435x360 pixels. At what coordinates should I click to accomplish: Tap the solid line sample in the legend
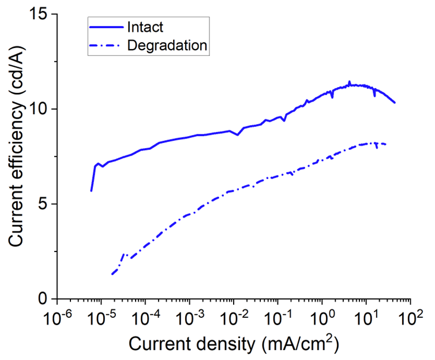point(108,27)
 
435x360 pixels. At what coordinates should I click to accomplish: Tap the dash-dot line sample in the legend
point(108,46)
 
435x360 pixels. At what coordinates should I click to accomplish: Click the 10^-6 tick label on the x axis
point(55,317)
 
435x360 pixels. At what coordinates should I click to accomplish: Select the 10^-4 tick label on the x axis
point(144,317)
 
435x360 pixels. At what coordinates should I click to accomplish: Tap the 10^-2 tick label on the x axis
point(233,317)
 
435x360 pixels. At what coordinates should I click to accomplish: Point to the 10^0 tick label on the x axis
point(322,317)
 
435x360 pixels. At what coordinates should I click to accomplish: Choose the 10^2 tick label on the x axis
point(411,317)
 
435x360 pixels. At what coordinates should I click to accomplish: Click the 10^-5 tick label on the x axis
point(100,317)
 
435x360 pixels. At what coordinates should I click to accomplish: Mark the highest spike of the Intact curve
point(349,82)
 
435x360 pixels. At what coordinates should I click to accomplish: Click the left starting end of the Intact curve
point(91,190)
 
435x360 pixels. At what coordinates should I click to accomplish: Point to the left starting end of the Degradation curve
point(112,274)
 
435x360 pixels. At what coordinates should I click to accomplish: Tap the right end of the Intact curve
point(395,103)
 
